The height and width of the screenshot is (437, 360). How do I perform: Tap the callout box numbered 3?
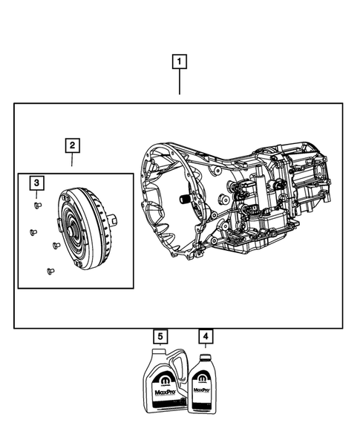pos(36,183)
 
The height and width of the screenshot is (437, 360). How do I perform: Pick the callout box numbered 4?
pos(206,337)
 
